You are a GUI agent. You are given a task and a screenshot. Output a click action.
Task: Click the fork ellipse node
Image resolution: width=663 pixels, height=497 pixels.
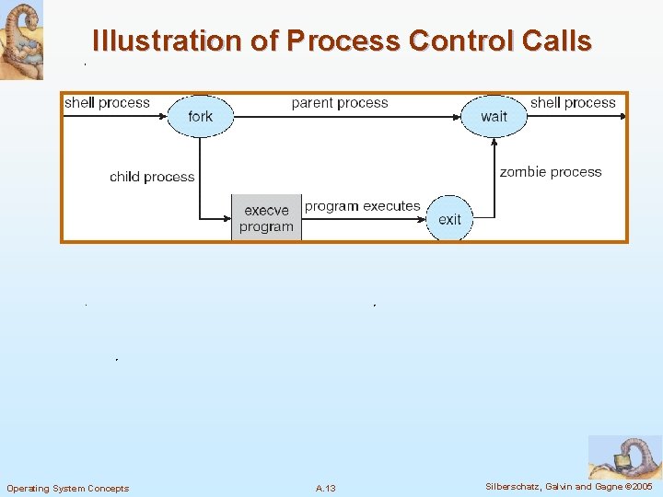tap(200, 116)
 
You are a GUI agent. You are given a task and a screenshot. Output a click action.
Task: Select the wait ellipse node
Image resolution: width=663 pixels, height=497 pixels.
tap(494, 116)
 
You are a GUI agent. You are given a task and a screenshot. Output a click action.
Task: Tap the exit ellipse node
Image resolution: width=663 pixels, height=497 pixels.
tap(449, 219)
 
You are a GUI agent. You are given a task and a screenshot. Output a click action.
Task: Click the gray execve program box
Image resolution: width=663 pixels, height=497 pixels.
tap(266, 218)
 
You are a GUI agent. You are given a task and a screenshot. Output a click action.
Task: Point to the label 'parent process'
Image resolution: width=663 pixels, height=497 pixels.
tap(339, 103)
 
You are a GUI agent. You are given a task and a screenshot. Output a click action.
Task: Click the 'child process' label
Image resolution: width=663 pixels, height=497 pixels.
tap(152, 177)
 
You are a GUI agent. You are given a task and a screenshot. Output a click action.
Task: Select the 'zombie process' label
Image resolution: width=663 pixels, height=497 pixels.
tap(550, 172)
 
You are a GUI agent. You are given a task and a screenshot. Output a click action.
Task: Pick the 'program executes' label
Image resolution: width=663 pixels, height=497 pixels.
tap(362, 206)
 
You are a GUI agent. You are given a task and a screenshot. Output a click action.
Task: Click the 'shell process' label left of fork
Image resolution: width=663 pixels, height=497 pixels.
tap(107, 103)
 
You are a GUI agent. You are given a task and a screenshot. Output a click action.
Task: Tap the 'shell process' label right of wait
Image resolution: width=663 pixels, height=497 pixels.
tap(573, 103)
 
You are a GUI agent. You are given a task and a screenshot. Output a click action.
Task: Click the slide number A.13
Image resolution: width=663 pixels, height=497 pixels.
tap(325, 488)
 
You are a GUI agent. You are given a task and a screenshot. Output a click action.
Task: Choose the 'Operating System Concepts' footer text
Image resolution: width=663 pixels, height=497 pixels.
tap(68, 488)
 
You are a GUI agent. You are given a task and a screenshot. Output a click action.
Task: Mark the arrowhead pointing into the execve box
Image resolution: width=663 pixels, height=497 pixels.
tap(226, 219)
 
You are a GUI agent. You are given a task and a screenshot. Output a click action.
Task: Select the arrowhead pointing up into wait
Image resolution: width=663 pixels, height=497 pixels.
tap(494, 142)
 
